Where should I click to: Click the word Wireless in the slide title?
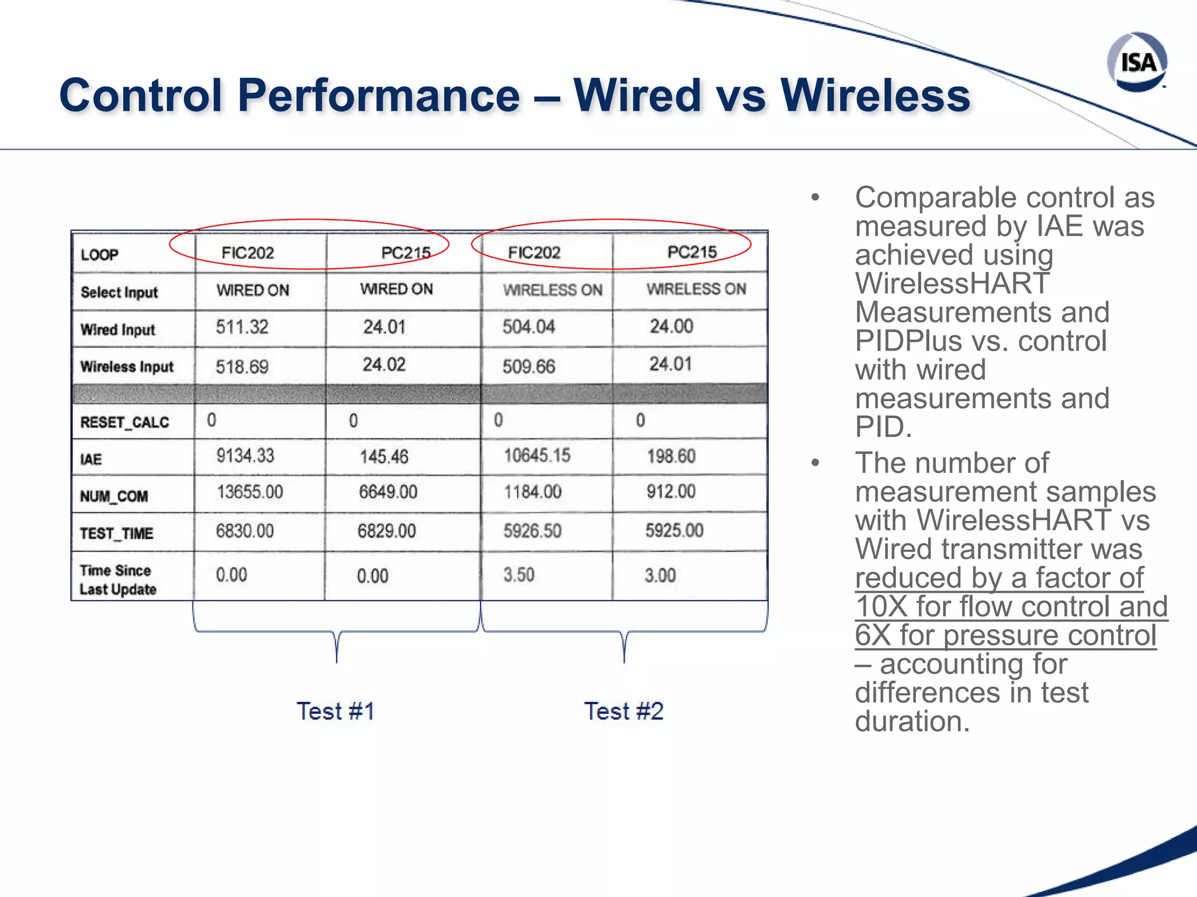coord(875,95)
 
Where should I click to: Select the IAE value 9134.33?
coord(245,456)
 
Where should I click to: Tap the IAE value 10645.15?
coord(537,456)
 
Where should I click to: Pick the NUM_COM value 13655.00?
coord(250,492)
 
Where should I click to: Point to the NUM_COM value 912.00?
coord(671,492)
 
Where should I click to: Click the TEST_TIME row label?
coord(116,533)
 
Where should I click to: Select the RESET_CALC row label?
coord(124,422)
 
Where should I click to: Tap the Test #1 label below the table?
coord(335,711)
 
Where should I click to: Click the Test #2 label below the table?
coord(624,711)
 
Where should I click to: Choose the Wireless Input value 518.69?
coord(242,367)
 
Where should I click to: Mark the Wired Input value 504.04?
coord(528,326)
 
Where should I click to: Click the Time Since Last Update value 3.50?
coord(519,575)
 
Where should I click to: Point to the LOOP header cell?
coord(99,255)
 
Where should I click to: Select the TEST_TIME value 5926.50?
coord(532,530)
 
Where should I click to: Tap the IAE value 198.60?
coord(671,456)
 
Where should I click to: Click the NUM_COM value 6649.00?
coord(388,492)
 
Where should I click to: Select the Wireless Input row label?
coord(127,367)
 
